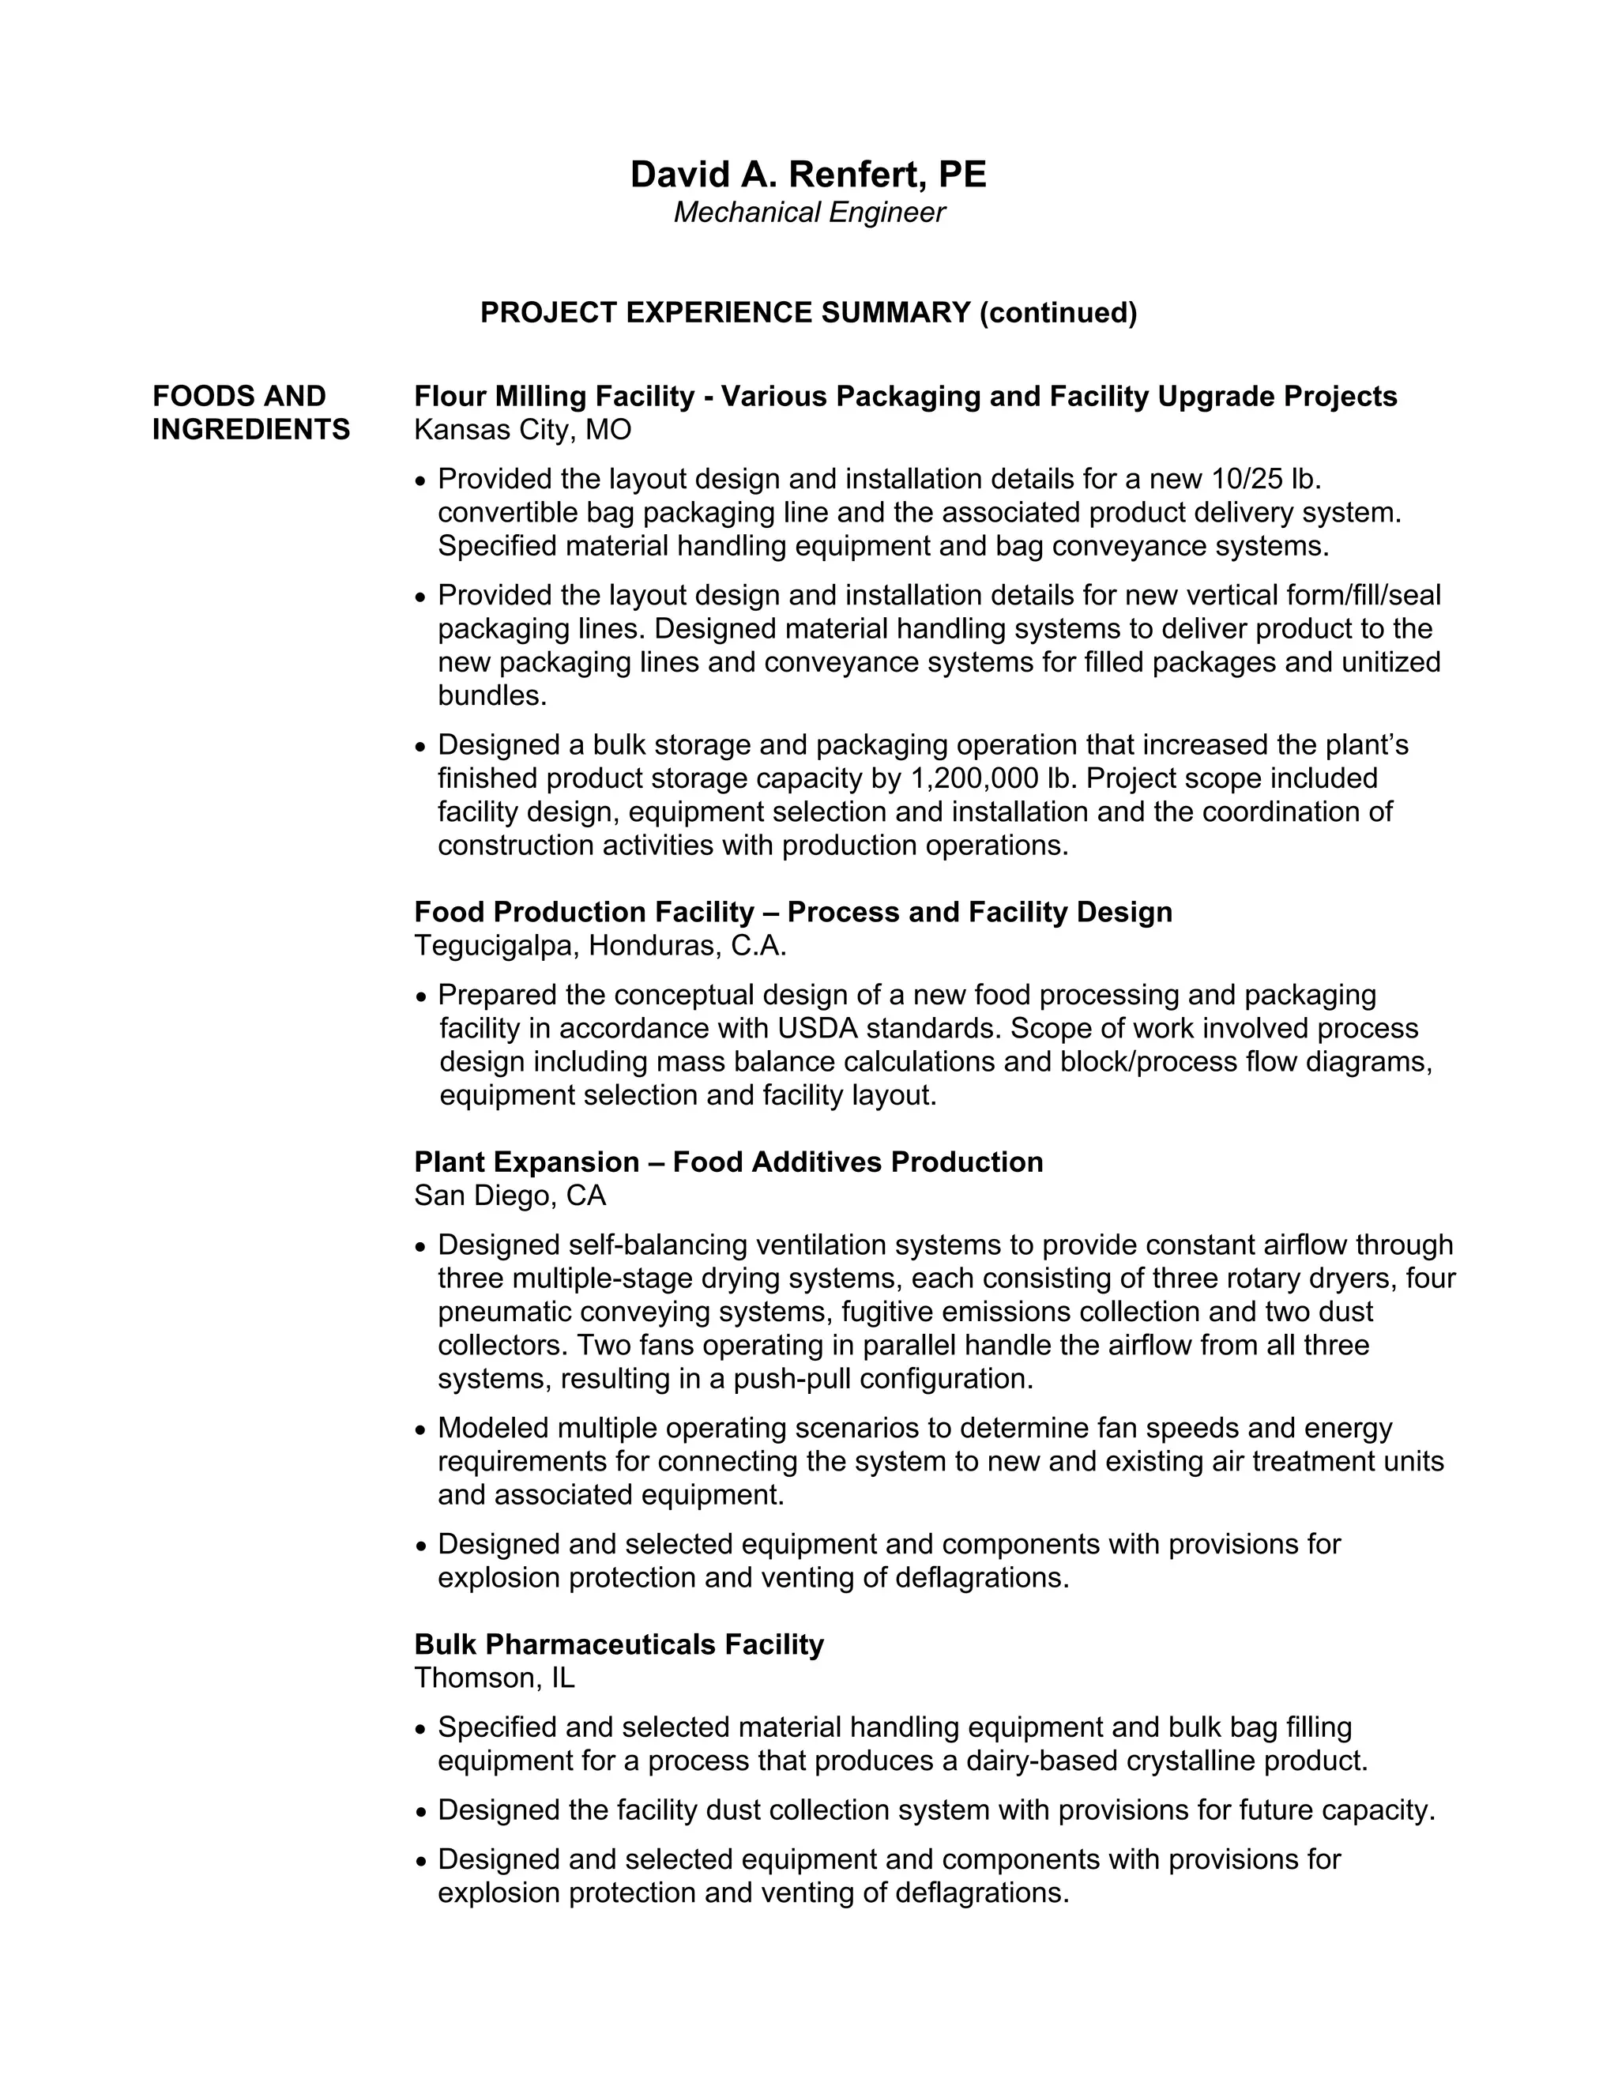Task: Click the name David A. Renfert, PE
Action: [808, 175]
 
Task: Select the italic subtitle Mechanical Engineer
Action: [808, 213]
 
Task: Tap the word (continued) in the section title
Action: [1057, 313]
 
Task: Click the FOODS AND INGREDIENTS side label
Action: [250, 413]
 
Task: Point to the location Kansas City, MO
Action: [522, 430]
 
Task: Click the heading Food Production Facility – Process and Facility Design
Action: [792, 912]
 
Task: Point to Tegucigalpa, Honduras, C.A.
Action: [600, 947]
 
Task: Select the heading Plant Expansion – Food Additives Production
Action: [728, 1162]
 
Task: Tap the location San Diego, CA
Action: [510, 1196]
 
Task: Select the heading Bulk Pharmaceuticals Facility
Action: [619, 1644]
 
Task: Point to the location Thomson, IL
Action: [494, 1678]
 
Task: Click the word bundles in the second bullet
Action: [491, 696]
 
